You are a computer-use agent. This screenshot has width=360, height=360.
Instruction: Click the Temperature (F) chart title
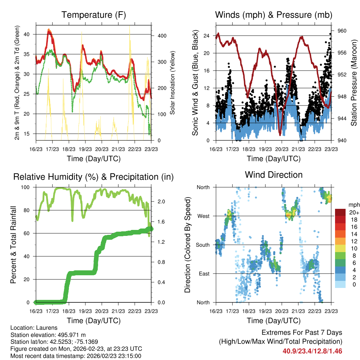pos(94,15)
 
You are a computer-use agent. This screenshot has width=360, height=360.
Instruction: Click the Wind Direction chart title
pos(274,174)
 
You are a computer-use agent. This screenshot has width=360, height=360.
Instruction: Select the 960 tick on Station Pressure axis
pos(342,31)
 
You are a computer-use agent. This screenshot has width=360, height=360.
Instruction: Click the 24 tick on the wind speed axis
pos(207,36)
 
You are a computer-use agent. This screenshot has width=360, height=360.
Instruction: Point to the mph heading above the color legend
pos(353,204)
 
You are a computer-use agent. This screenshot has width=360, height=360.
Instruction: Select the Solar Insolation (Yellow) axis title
pos(173,83)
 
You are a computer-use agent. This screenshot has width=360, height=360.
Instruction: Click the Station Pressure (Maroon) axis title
pos(354,83)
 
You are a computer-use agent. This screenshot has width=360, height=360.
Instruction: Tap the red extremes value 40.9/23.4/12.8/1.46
pos(312,351)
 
